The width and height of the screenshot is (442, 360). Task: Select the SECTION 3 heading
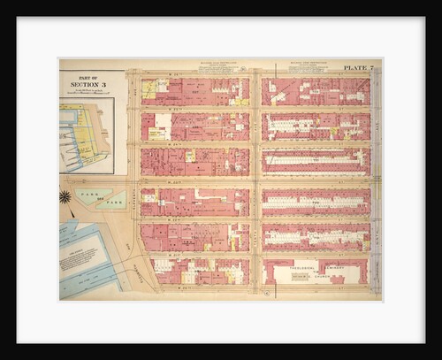tap(86, 84)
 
